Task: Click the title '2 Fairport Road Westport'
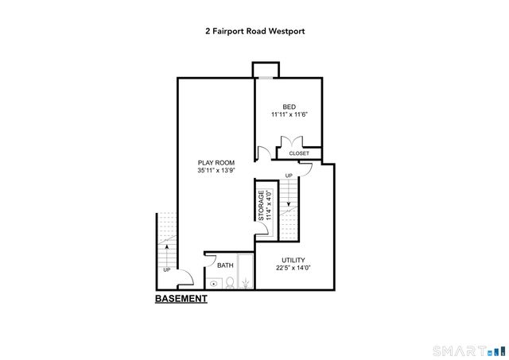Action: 254,32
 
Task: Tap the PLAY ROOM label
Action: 216,162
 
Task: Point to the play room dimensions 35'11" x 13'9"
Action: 216,170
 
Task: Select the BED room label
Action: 289,106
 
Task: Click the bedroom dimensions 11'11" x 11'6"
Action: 289,115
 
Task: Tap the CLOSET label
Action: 299,153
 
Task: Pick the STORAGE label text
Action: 260,206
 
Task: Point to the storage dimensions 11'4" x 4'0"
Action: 269,206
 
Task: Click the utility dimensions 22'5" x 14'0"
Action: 293,269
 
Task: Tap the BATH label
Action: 226,265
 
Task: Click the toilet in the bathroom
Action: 228,281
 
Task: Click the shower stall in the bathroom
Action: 246,273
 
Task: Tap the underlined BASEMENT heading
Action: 181,299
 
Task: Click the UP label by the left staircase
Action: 167,270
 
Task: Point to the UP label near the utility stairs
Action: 289,175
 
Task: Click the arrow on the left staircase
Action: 167,247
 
